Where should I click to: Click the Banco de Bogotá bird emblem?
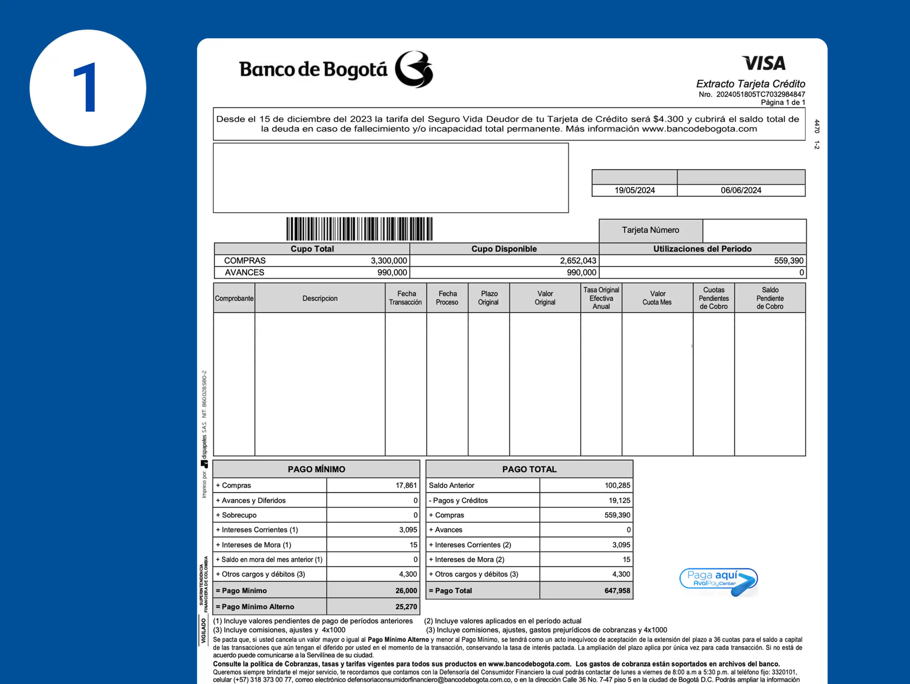click(413, 69)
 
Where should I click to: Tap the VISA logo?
click(764, 63)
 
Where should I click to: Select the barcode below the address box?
click(359, 229)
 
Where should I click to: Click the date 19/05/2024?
click(634, 190)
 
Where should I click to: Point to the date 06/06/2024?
click(741, 190)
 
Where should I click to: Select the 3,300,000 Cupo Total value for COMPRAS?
click(388, 260)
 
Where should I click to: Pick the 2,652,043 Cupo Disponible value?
click(578, 260)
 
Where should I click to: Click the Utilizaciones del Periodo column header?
click(702, 249)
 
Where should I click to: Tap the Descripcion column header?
click(320, 298)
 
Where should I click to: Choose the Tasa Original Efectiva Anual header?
click(601, 298)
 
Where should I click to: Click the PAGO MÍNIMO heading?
click(316, 469)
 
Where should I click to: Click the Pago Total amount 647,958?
click(617, 591)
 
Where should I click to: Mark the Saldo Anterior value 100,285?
click(617, 485)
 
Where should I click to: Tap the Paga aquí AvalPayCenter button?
click(718, 581)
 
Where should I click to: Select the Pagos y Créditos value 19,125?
click(619, 500)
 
